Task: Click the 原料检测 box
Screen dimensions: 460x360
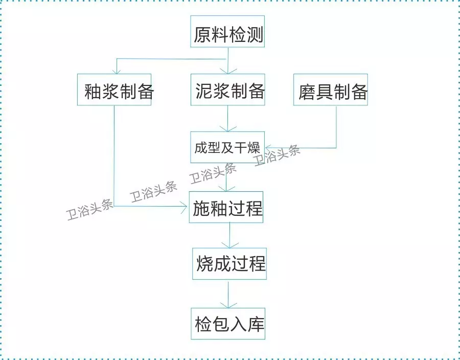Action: tap(227, 31)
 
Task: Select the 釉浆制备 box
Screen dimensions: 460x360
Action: tap(114, 89)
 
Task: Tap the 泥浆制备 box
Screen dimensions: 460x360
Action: tap(227, 89)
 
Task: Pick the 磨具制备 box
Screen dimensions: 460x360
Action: tap(331, 89)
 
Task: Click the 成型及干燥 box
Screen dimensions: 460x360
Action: tap(227, 147)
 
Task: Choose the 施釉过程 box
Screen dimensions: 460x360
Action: tap(226, 207)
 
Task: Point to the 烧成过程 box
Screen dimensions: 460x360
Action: tap(229, 263)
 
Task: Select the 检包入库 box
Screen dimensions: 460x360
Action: tap(228, 324)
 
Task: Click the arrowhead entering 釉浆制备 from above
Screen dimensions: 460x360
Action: tap(117, 71)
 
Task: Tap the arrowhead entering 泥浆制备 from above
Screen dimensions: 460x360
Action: tap(228, 71)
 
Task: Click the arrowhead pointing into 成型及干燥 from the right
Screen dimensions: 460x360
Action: tap(267, 148)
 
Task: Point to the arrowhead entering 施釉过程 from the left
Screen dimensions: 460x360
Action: tap(185, 206)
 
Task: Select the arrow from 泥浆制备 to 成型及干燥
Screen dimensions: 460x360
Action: tap(227, 119)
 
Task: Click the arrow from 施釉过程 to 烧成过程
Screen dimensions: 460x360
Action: tap(229, 235)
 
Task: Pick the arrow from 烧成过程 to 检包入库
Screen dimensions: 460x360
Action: tap(228, 294)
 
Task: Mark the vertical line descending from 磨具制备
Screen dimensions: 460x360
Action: tap(336, 127)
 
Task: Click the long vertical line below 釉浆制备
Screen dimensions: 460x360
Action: tap(114, 156)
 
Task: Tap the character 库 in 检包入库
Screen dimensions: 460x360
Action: tap(257, 324)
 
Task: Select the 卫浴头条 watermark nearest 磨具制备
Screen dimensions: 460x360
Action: tap(277, 155)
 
